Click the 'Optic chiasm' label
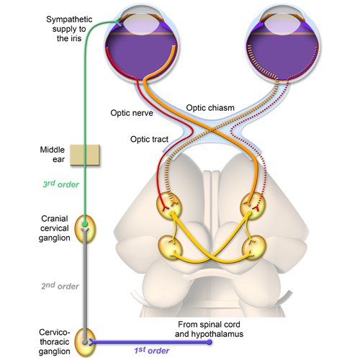210,107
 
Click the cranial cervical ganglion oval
86,227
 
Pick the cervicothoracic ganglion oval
86,341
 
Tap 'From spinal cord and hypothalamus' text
209,330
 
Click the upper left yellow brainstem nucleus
171,206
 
